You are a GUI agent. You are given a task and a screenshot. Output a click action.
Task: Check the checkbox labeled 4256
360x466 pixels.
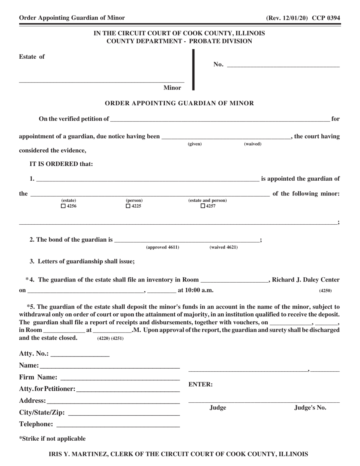tap(63, 206)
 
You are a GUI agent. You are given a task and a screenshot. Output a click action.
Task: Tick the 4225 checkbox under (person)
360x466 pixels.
tap(128, 206)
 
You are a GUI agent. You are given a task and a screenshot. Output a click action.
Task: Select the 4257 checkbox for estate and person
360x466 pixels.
tap(203, 206)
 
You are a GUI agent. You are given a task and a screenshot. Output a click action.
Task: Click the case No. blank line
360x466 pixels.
tap(283, 65)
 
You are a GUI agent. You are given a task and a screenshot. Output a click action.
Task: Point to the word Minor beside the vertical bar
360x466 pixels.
tap(172, 88)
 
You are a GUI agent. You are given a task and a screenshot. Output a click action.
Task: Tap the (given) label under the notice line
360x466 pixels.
tap(195, 144)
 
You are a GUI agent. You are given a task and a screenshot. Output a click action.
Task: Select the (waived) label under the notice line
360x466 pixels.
tap(252, 144)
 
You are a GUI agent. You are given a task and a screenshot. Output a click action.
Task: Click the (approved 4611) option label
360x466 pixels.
tap(163, 247)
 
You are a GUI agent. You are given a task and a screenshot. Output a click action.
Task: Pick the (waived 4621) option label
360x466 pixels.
tap(224, 247)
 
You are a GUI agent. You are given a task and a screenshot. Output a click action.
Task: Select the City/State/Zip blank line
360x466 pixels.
tap(124, 413)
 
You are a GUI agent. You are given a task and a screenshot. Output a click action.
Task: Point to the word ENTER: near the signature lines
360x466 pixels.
tap(200, 385)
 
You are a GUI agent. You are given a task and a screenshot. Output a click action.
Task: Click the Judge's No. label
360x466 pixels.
tap(310, 408)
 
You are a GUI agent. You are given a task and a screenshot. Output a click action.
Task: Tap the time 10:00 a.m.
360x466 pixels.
tap(195, 291)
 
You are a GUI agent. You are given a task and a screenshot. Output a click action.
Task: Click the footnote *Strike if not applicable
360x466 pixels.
tap(52, 439)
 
